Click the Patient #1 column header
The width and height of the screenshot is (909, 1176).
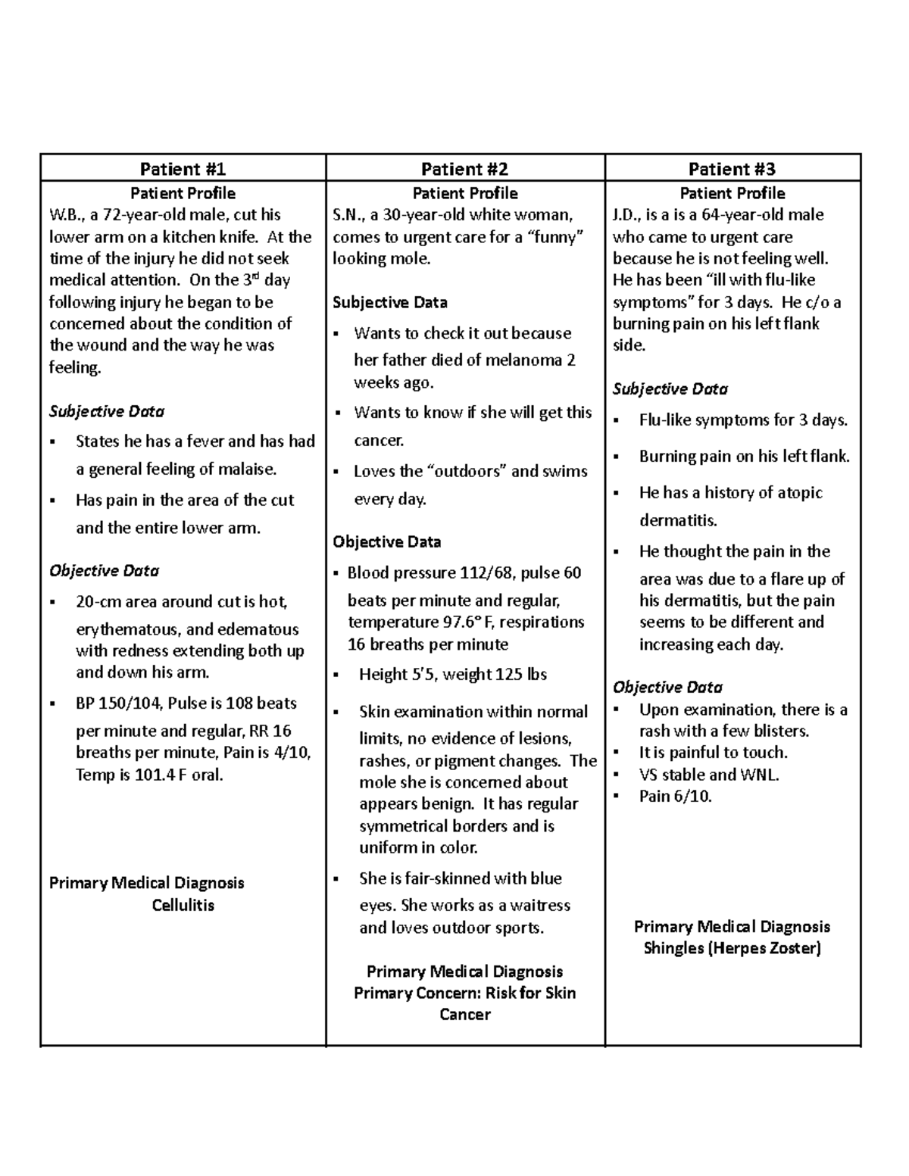[183, 169]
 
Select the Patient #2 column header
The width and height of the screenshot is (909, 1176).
[464, 169]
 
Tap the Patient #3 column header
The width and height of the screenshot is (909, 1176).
[732, 169]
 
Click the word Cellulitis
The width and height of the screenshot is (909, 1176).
[183, 906]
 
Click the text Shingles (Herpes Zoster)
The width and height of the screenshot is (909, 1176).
[732, 948]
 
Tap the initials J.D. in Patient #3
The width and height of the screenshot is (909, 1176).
[626, 215]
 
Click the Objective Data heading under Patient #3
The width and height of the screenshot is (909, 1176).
[667, 688]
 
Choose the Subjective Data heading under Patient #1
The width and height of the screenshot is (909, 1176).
[107, 412]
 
